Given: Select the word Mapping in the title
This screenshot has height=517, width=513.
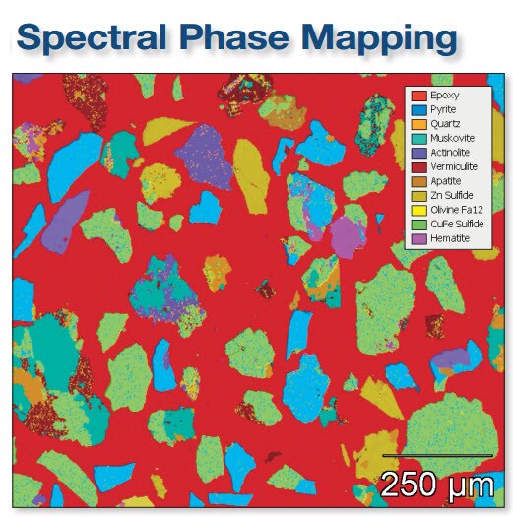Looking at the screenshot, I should pos(392,39).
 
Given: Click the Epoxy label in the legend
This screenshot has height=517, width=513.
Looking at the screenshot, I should pos(444,96).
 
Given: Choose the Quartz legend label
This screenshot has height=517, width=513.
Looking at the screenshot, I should pos(445,125).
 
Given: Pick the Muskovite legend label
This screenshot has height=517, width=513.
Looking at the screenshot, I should pos(451,139).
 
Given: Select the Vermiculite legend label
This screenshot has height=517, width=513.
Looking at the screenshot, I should pos(454,168).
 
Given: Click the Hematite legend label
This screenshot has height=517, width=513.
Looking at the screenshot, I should pos(449,239).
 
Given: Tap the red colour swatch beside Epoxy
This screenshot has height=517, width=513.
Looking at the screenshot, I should pos(418,96).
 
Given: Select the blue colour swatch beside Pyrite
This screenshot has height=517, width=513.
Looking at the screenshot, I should pos(418,110).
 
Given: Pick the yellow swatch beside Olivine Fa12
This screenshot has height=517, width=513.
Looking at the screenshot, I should pos(418,211).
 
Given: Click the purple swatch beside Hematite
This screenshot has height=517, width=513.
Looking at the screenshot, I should pos(418,239).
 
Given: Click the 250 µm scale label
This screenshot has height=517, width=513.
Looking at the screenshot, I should pos(436,484).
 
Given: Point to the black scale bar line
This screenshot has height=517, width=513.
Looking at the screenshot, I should pos(436,455).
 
